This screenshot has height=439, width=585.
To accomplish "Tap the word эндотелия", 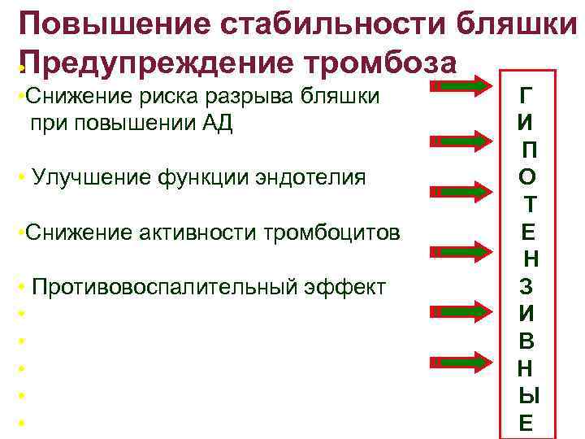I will pyautogui.click(x=313, y=177).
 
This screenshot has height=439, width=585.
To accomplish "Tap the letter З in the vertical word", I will pyautogui.click(x=526, y=287).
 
